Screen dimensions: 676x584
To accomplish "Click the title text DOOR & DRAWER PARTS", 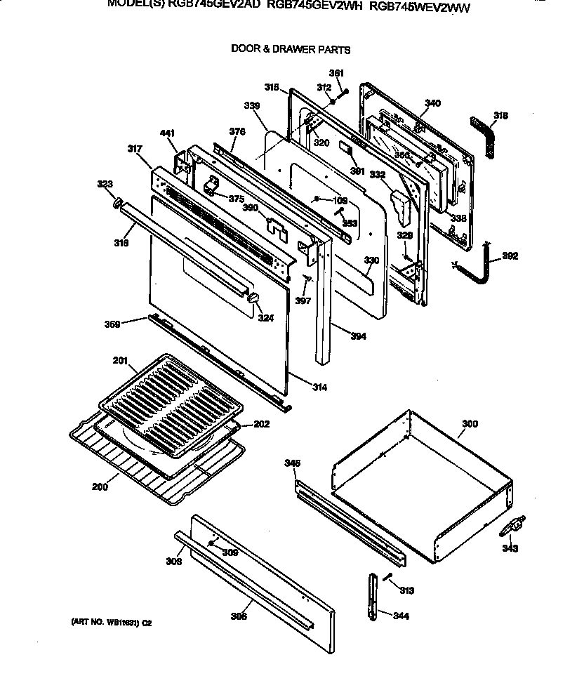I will click(291, 50).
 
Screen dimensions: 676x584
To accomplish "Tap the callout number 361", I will click(337, 74).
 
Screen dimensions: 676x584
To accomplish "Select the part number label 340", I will click(433, 103).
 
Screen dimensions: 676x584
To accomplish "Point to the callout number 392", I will click(510, 256).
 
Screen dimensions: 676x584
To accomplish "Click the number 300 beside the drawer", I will click(470, 424).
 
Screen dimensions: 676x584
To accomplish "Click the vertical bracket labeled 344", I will click(372, 596).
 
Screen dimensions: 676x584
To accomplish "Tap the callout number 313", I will click(407, 590).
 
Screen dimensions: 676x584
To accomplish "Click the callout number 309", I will click(230, 552).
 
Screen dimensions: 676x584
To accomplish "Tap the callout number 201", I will click(120, 361).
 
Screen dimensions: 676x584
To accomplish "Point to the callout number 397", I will click(303, 301).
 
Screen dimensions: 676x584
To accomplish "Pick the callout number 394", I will click(358, 336).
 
